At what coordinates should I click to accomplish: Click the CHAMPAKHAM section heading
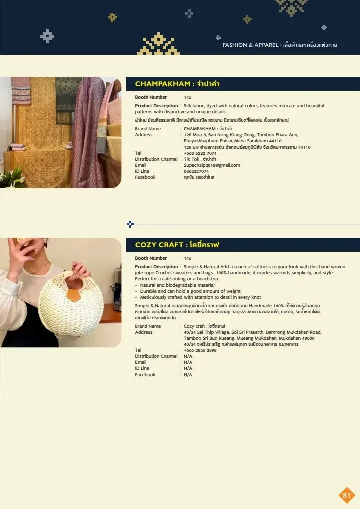(177, 84)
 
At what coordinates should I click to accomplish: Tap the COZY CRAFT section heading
(177, 245)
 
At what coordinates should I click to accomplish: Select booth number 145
(188, 97)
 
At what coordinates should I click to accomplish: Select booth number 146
(188, 258)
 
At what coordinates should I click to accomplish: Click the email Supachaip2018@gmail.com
(212, 165)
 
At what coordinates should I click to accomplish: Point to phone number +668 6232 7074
(200, 153)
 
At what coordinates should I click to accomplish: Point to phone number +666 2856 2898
(200, 350)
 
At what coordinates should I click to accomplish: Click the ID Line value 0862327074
(196, 171)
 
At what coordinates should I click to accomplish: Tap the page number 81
(347, 495)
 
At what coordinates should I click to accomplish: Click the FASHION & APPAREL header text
(250, 45)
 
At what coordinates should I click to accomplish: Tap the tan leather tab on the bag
(74, 295)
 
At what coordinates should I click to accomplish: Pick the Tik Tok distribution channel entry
(200, 159)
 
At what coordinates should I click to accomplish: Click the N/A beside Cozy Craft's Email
(188, 362)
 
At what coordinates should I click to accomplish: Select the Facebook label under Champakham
(145, 177)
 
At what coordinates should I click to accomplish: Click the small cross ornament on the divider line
(130, 224)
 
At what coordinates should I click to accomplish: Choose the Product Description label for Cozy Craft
(157, 267)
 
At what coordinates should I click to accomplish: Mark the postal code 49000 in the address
(308, 338)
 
